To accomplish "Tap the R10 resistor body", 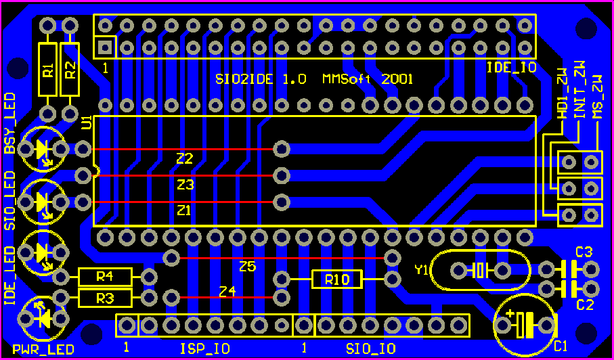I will pyautogui.click(x=336, y=279).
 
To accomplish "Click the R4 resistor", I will pyautogui.click(x=104, y=277).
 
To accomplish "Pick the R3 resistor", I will pyautogui.click(x=104, y=298).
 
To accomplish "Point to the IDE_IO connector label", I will pyautogui.click(x=511, y=68).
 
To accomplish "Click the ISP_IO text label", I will pyautogui.click(x=204, y=349).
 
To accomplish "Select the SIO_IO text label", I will pyautogui.click(x=370, y=349).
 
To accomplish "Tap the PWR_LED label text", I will pyautogui.click(x=47, y=351).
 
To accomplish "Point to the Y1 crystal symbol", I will pyautogui.click(x=481, y=271).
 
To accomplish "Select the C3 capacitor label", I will pyautogui.click(x=584, y=252).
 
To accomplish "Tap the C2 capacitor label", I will pyautogui.click(x=584, y=305).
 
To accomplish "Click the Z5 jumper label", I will pyautogui.click(x=247, y=267).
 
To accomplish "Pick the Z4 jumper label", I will pyautogui.click(x=227, y=292).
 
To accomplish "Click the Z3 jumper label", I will pyautogui.click(x=185, y=184).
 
